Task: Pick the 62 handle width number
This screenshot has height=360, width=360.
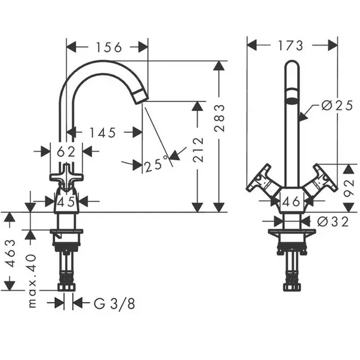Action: [66, 152]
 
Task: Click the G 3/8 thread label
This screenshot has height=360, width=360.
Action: [114, 303]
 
